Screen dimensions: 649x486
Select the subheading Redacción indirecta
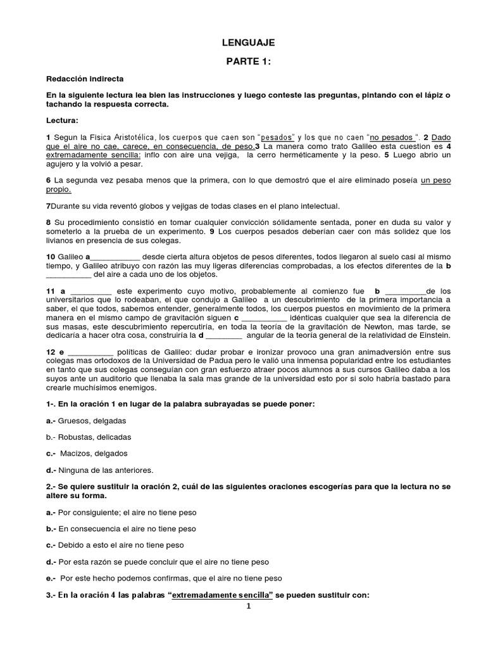[85, 79]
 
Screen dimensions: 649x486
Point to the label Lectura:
[62, 120]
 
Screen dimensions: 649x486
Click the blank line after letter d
[224, 335]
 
